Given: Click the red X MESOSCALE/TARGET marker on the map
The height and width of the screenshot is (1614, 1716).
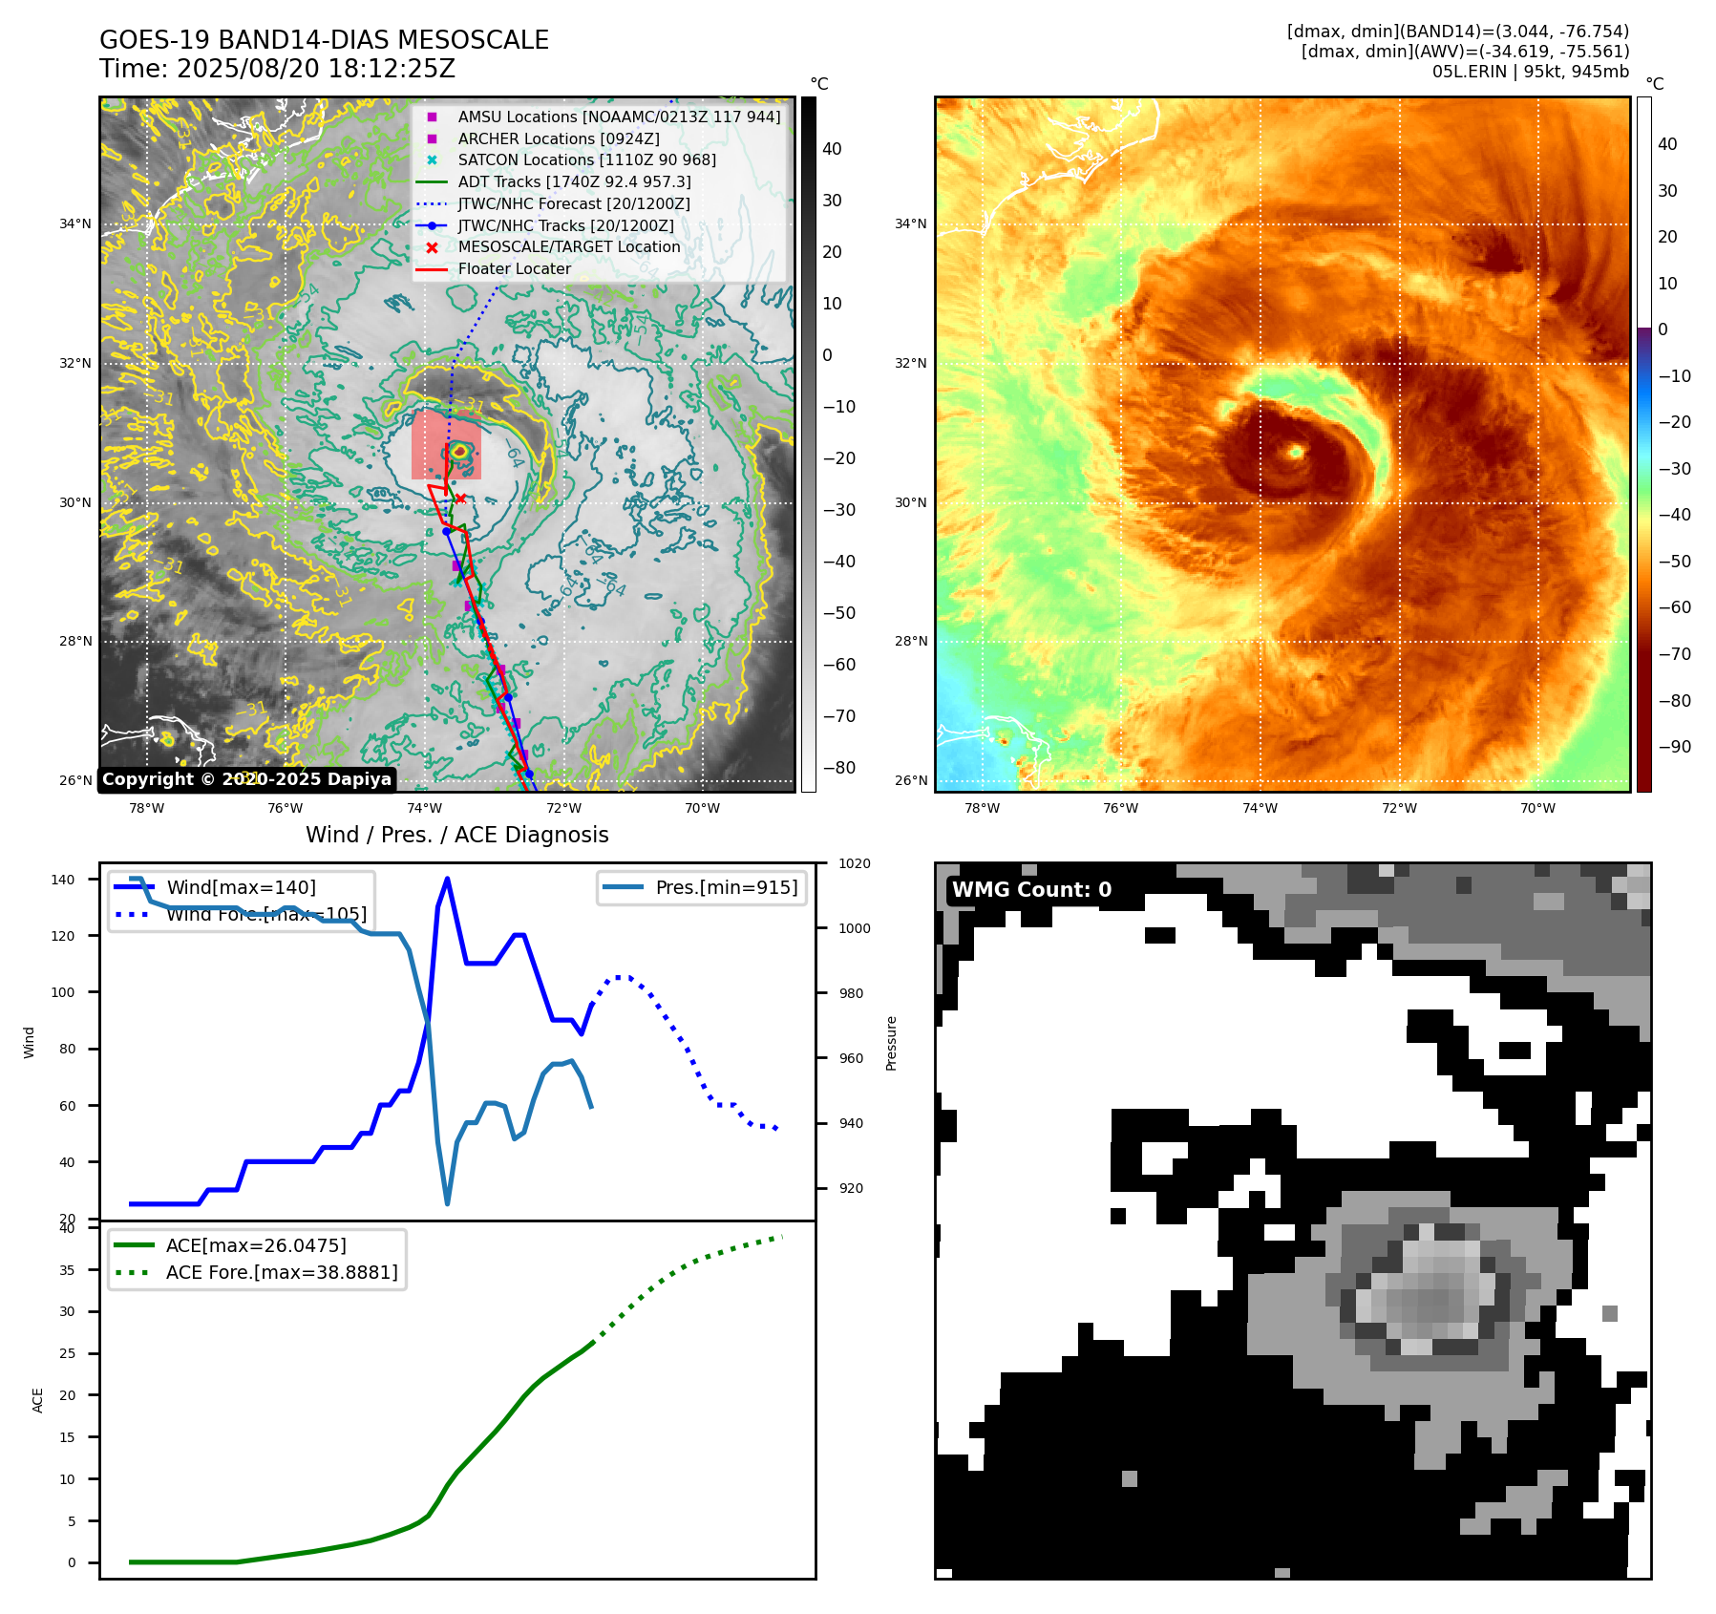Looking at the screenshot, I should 460,498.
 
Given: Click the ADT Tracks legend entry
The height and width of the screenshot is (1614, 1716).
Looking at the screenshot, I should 574,181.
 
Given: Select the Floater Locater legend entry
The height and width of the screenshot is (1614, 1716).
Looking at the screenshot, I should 514,269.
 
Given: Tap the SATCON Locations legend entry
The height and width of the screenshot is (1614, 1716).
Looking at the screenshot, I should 586,160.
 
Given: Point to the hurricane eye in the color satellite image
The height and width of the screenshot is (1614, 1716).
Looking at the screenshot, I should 1296,452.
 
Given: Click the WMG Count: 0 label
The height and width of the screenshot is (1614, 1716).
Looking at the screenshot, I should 1031,890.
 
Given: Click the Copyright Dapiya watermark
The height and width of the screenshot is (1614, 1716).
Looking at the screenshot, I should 246,779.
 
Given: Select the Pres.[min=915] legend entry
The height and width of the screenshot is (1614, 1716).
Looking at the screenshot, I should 726,887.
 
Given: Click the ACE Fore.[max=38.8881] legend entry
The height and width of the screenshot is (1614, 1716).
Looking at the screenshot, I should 281,1272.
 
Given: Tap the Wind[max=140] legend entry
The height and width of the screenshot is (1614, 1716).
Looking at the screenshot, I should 241,887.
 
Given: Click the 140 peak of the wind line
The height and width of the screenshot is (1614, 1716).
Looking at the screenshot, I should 448,879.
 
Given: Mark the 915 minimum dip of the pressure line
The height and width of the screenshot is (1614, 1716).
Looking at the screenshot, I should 448,1203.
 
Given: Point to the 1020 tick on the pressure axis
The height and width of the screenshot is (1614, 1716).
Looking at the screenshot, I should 854,863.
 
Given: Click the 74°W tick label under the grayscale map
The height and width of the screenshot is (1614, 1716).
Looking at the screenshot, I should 425,808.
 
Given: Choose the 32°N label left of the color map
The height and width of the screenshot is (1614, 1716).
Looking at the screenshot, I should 910,363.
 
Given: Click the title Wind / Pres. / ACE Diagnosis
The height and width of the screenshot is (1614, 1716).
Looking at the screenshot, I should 456,835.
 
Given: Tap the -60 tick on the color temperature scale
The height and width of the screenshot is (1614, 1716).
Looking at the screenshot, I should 1673,607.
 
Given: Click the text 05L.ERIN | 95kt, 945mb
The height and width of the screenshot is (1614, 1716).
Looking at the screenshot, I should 1530,72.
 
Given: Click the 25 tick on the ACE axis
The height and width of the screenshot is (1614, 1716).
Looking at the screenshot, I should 67,1353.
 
